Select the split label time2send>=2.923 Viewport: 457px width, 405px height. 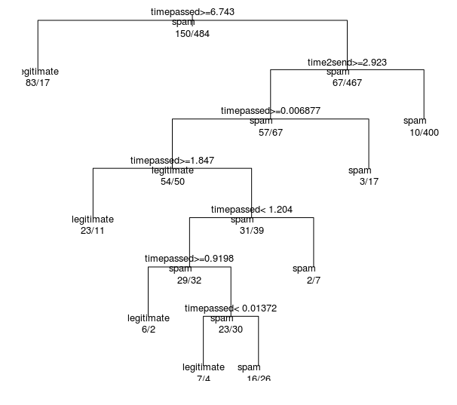click(x=347, y=62)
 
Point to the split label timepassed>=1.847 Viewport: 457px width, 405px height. click(x=172, y=161)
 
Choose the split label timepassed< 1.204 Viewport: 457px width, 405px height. click(x=251, y=210)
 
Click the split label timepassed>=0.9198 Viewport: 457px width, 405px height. click(x=189, y=259)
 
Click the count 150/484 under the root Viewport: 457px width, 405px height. click(x=192, y=34)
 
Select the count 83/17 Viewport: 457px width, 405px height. click(x=38, y=83)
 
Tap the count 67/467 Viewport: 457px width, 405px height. click(x=347, y=83)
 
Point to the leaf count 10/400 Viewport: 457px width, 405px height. click(x=424, y=133)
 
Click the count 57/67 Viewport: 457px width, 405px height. click(x=270, y=133)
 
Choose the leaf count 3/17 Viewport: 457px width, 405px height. click(x=369, y=182)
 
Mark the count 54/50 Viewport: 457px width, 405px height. click(x=172, y=182)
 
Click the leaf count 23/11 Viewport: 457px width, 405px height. click(x=92, y=231)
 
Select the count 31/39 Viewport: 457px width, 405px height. click(x=251, y=231)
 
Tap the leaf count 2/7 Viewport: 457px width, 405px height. click(x=314, y=280)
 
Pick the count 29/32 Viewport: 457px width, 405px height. click(x=189, y=280)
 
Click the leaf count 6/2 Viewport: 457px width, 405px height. click(x=148, y=330)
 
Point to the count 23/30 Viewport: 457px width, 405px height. click(x=230, y=330)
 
